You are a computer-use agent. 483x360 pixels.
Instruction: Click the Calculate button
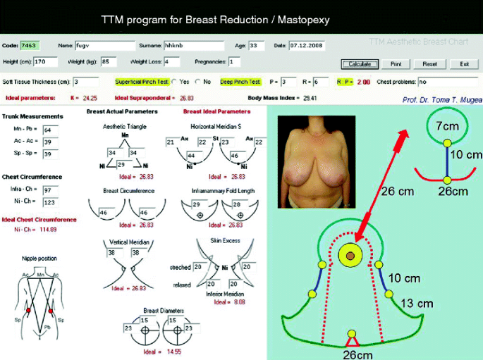360,64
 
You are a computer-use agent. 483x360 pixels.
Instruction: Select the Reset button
430,64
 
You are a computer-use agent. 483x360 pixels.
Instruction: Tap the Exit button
464,64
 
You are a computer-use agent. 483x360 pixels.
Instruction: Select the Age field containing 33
256,46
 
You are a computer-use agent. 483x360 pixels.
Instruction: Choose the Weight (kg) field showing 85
110,62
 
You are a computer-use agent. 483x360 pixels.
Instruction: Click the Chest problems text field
448,82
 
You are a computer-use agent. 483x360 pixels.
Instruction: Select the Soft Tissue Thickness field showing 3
85,82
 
